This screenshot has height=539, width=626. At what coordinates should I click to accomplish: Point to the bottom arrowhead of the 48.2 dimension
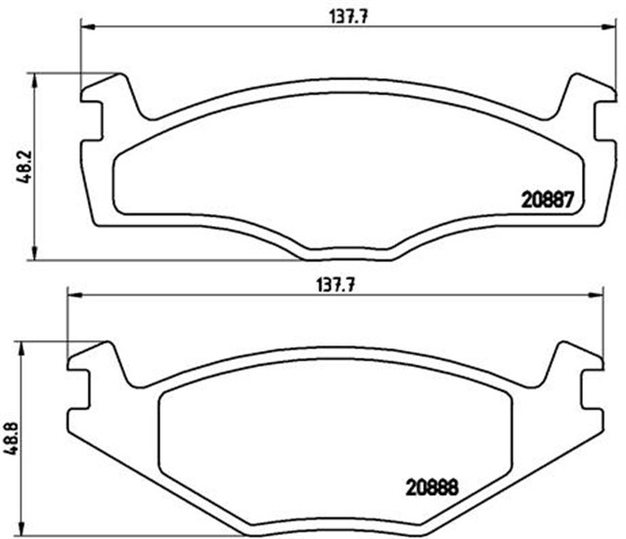point(36,255)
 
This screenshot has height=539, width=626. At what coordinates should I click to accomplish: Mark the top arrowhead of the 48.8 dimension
point(22,345)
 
